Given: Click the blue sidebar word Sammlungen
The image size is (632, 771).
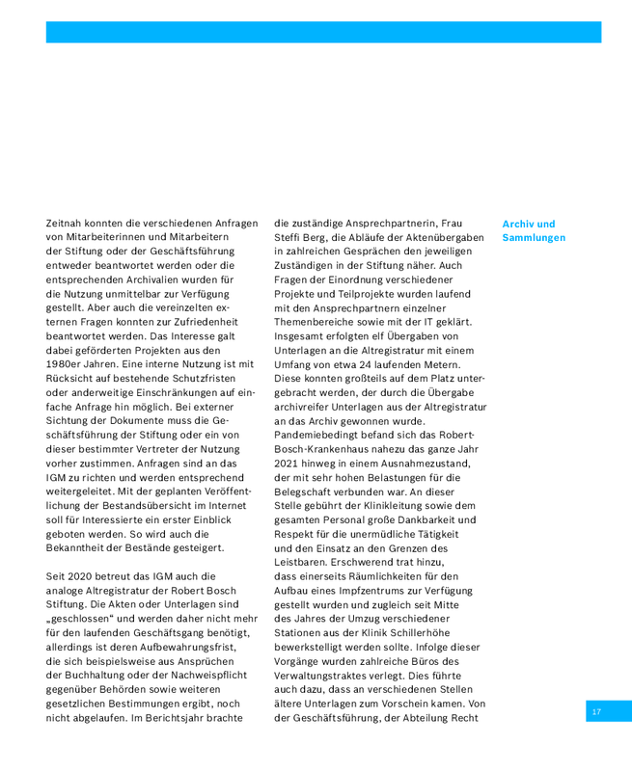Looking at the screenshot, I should tap(534, 238).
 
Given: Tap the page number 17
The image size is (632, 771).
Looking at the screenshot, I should tap(596, 711).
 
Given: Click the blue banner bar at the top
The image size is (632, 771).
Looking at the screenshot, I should tap(323, 32).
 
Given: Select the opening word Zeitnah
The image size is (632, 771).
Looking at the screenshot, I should tap(66, 224).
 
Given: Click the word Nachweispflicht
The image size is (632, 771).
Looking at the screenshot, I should tap(211, 675).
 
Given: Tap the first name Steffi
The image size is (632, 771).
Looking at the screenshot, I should tap(289, 238).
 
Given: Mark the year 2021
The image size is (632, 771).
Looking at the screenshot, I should tap(289, 464).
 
